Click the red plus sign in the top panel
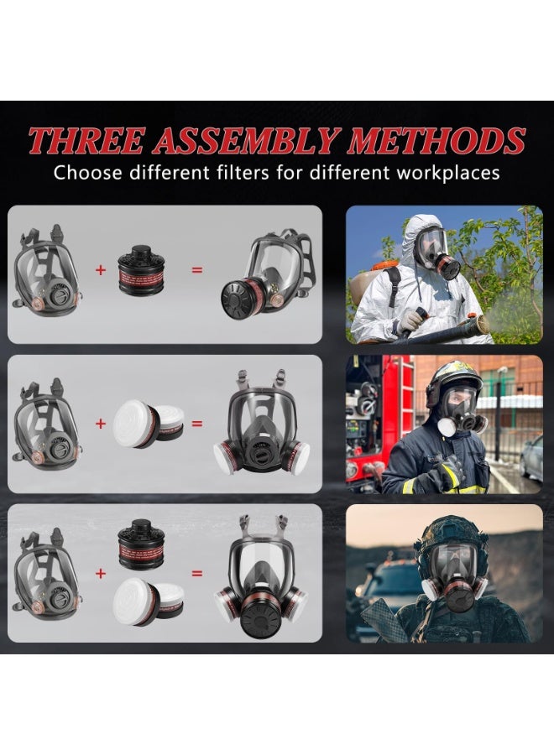click(x=101, y=270)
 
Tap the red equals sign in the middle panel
click(x=197, y=423)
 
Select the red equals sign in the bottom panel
click(x=197, y=574)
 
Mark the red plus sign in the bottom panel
click(x=101, y=574)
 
